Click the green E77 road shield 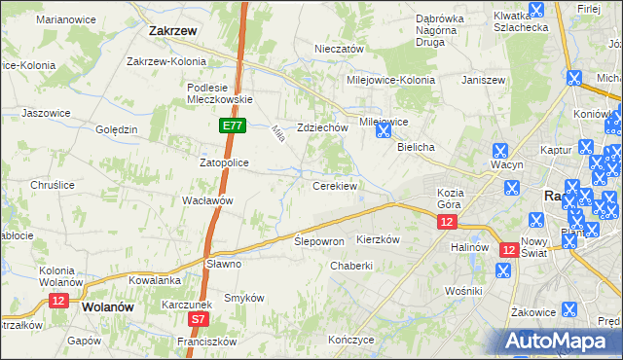pyautogui.click(x=232, y=126)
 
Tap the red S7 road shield pyautogui.click(x=199, y=318)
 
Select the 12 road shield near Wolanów pyautogui.click(x=58, y=302)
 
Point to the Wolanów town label pyautogui.click(x=108, y=306)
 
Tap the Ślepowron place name pyautogui.click(x=319, y=241)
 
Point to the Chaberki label pyautogui.click(x=351, y=266)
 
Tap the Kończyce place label pyautogui.click(x=351, y=341)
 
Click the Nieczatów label pyautogui.click(x=339, y=49)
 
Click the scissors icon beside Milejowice pyautogui.click(x=385, y=127)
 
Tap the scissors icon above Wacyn pyautogui.click(x=500, y=151)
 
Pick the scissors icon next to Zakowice pyautogui.click(x=569, y=310)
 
